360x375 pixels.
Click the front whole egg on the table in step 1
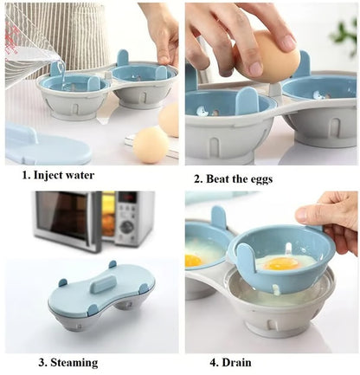point(151,144)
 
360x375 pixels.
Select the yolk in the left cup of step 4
point(195,259)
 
